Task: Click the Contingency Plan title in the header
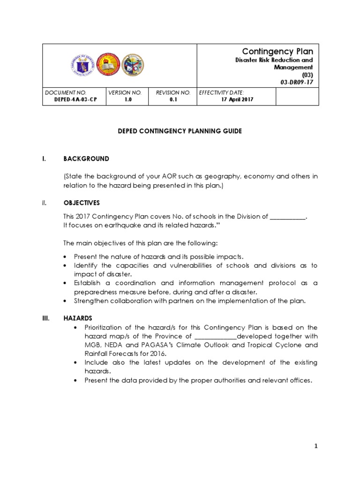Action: [x=277, y=52]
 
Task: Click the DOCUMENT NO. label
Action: [x=66, y=93]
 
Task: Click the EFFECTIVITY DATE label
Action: [x=222, y=93]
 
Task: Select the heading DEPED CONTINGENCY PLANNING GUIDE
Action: [x=180, y=131]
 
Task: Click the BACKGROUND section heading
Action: [x=86, y=159]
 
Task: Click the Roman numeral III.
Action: [x=45, y=318]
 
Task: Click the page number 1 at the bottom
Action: [x=316, y=446]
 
